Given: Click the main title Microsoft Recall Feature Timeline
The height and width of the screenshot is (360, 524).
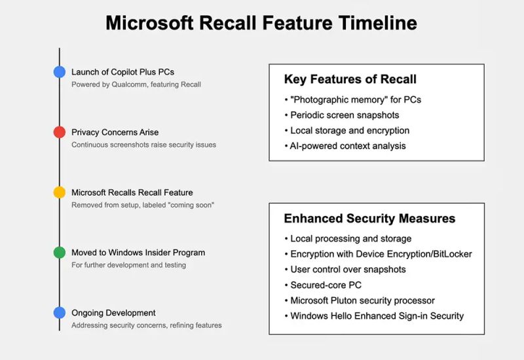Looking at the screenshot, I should (x=261, y=23).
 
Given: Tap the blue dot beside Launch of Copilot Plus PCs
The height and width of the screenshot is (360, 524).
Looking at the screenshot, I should (x=60, y=72).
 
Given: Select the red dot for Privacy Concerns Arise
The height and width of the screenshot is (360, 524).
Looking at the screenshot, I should (x=60, y=132).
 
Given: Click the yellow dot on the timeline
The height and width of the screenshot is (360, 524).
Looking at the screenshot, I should (x=60, y=192).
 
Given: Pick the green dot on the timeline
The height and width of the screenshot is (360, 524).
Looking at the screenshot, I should (x=60, y=253).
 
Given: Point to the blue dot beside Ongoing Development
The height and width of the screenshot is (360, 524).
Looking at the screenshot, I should (x=60, y=313).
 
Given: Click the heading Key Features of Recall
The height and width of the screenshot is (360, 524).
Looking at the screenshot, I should (x=350, y=80).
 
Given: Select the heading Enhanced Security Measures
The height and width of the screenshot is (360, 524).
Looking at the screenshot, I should (x=369, y=219).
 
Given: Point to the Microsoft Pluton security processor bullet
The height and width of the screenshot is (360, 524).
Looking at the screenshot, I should (x=362, y=300).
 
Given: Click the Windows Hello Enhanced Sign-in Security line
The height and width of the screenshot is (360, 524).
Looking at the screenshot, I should (x=377, y=316).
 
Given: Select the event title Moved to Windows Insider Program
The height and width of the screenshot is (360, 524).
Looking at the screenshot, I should (x=138, y=253).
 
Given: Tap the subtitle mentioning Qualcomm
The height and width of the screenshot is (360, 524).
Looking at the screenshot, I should (x=136, y=84).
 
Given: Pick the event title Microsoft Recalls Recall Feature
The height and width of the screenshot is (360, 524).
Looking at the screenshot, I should (x=132, y=192).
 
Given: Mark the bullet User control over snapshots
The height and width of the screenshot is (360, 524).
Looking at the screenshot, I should (x=348, y=269).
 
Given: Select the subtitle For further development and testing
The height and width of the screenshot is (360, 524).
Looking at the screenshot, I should (x=128, y=265).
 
